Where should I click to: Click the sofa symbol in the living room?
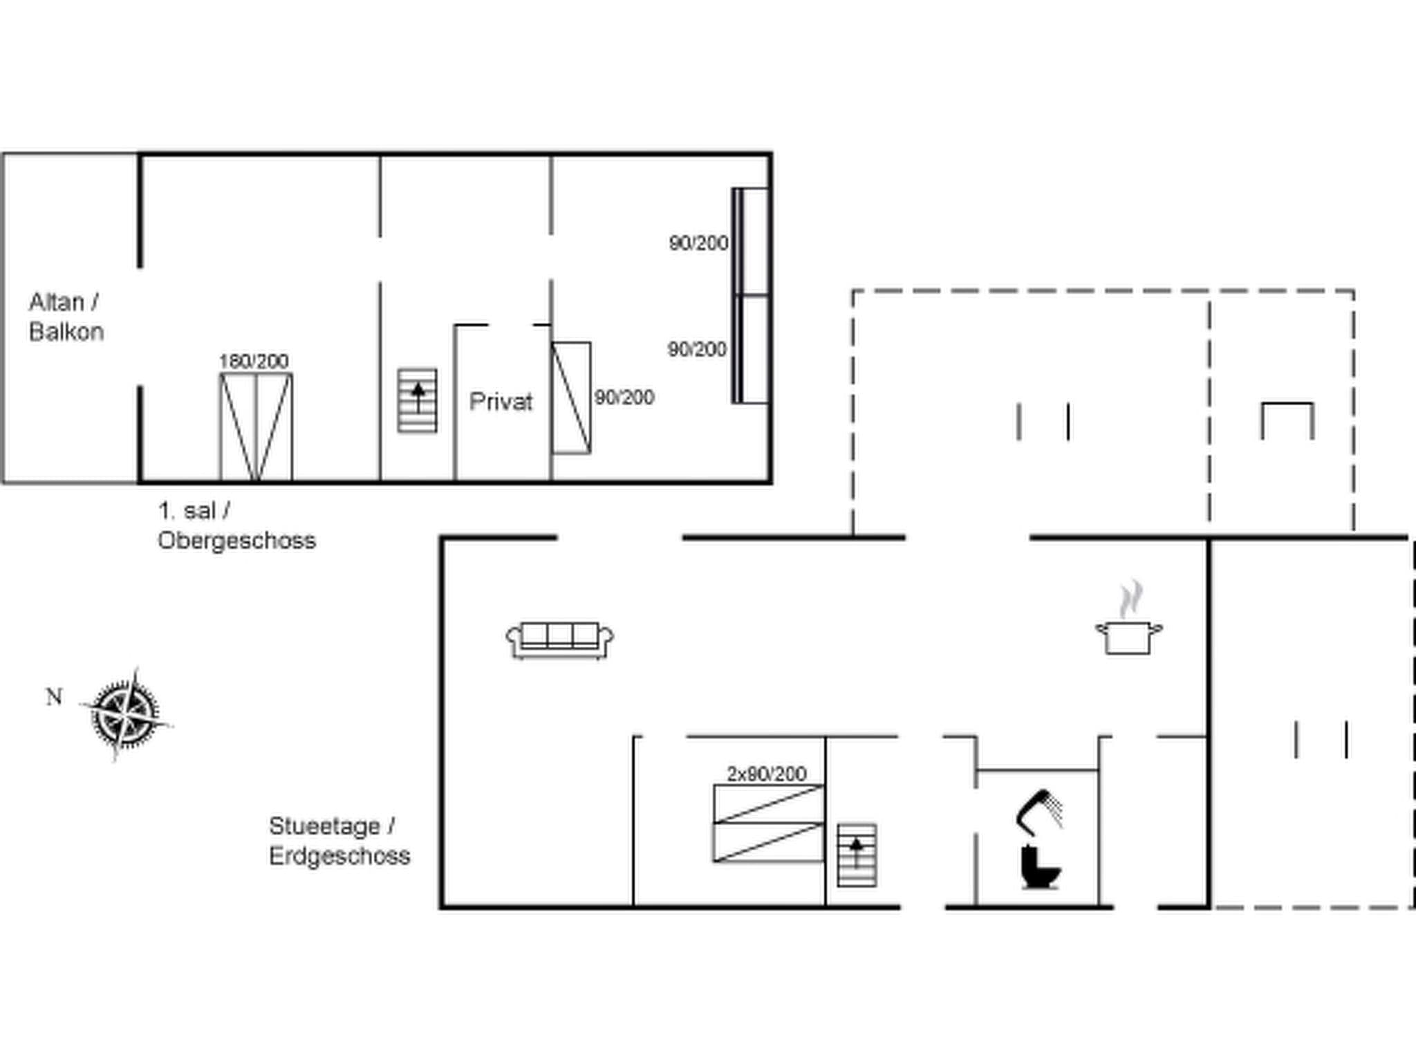click(x=559, y=640)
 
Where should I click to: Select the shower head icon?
click(x=1038, y=810)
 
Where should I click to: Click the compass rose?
click(x=125, y=714)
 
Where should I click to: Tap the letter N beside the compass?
click(x=54, y=697)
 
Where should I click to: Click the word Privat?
click(x=501, y=402)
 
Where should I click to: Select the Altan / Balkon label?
click(x=66, y=317)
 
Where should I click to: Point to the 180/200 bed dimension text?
click(x=254, y=361)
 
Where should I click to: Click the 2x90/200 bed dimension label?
click(x=766, y=774)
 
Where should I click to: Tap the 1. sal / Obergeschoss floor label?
click(x=236, y=525)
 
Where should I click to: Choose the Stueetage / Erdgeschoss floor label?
click(x=339, y=841)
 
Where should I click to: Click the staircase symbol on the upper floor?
click(x=417, y=400)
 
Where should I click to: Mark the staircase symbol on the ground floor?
click(x=857, y=855)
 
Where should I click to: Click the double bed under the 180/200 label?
click(x=256, y=426)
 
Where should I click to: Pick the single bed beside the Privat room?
click(x=571, y=398)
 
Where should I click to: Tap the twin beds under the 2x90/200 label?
click(x=768, y=823)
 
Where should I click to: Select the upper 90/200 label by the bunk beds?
click(x=698, y=243)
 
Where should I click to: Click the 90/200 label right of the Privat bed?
click(x=624, y=398)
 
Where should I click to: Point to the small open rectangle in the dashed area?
click(x=1287, y=420)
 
